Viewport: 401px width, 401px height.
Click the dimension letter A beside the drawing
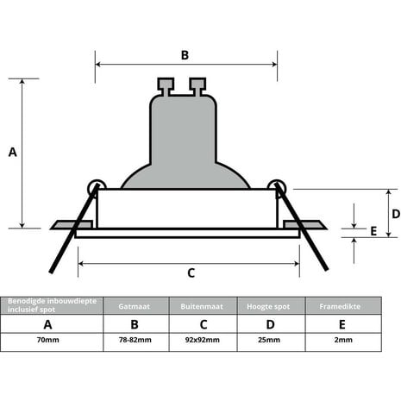(12, 153)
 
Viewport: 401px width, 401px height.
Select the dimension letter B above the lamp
(185, 55)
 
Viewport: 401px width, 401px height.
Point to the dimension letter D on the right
(395, 213)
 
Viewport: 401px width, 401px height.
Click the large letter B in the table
(135, 324)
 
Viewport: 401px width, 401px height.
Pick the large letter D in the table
(267, 324)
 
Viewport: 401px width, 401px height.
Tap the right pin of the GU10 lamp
(198, 86)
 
